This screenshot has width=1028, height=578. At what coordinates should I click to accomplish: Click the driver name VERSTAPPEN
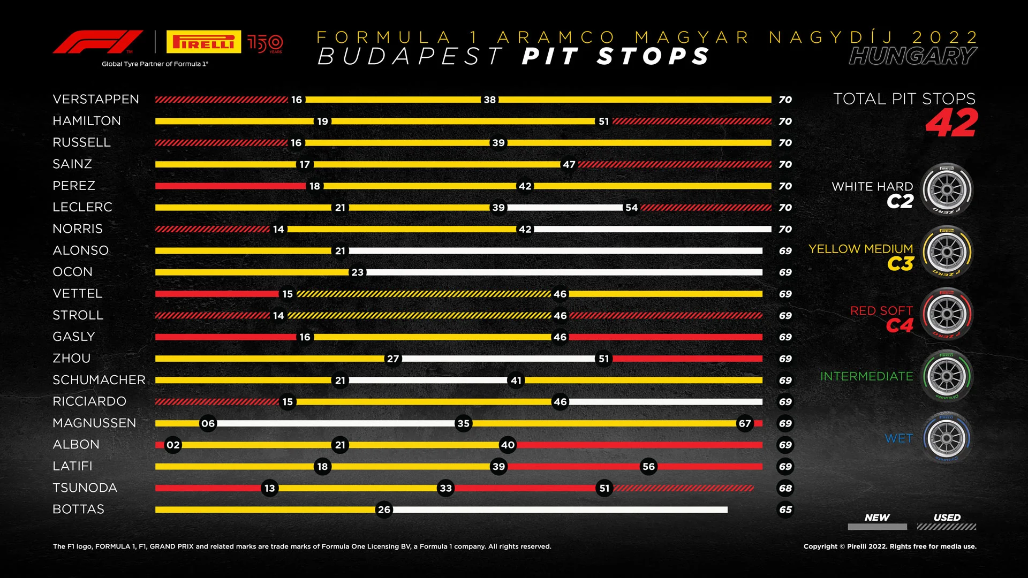96,100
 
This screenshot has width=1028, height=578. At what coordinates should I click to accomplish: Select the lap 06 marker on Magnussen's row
208,424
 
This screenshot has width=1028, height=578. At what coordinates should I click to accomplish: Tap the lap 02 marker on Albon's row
173,445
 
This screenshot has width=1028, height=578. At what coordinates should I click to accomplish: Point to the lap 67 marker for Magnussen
745,424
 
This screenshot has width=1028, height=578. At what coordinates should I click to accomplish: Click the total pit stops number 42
951,124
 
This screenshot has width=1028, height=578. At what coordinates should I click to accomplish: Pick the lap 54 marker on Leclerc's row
631,208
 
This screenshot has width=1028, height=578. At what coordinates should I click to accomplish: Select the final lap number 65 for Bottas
785,510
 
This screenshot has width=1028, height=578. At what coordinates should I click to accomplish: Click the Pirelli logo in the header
203,42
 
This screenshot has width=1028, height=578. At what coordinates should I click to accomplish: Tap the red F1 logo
97,42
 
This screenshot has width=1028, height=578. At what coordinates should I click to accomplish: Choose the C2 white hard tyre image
947,190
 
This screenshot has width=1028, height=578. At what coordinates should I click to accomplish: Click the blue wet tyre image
947,438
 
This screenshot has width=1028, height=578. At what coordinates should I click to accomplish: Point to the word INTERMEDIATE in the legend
866,377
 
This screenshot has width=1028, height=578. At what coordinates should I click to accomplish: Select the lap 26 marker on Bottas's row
384,510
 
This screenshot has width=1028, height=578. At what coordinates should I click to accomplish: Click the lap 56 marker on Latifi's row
648,467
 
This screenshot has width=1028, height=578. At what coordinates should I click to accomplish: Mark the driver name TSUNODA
85,488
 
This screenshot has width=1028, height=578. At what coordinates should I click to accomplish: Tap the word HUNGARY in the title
912,56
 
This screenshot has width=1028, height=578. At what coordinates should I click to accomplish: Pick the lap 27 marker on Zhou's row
393,359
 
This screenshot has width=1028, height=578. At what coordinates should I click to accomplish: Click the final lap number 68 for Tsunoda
785,489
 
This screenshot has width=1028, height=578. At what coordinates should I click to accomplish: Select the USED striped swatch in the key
946,527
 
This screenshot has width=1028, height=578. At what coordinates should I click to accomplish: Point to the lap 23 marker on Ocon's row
357,272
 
